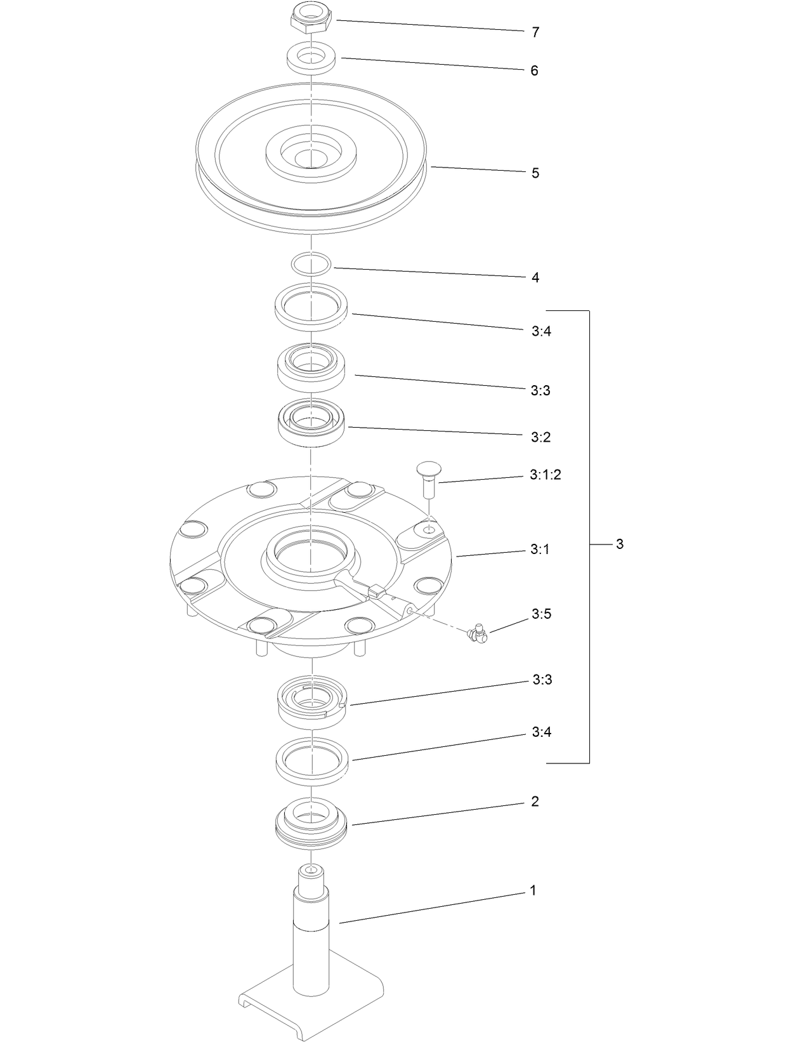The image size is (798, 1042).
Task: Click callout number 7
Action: tap(535, 32)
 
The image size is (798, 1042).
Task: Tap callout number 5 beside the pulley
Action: tap(535, 173)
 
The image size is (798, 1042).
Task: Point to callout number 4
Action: tap(535, 278)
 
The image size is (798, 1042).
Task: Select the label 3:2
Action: tap(540, 437)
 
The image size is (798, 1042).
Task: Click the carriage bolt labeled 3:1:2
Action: tap(429, 480)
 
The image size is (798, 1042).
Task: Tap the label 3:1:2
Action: tap(545, 475)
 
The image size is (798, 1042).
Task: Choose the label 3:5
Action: tap(541, 614)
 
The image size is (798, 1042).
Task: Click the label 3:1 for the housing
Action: tap(540, 550)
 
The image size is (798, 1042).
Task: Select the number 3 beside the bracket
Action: tap(620, 544)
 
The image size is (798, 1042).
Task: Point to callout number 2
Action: tap(535, 801)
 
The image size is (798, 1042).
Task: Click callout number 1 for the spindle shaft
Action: tap(533, 891)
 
